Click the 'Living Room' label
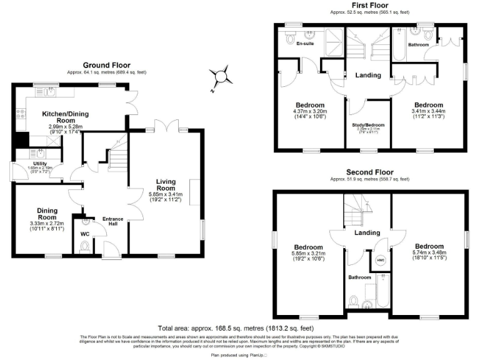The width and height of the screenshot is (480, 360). pos(166,185)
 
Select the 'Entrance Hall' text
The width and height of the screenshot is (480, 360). pos(113,221)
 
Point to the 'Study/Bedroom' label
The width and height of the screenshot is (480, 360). pos(368,125)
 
